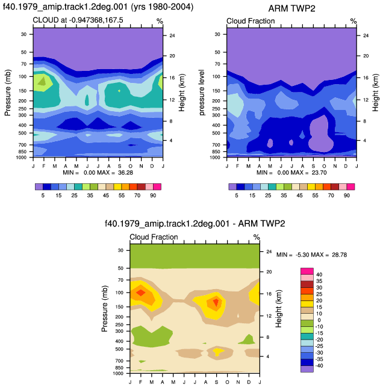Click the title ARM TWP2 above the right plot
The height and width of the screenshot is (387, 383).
click(291, 8)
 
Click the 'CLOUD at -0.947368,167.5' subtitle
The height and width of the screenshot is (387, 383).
click(78, 20)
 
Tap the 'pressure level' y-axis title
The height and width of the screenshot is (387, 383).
click(202, 93)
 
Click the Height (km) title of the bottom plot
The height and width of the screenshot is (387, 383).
click(279, 308)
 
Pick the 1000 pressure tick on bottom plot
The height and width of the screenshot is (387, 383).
click(118, 373)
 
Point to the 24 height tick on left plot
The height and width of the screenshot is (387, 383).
click(172, 35)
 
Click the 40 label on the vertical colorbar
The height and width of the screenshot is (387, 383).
click(319, 275)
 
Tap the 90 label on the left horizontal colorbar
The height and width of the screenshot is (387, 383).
click(153, 195)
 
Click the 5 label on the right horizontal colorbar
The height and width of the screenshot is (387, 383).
click(237, 195)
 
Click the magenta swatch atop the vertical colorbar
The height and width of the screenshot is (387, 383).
click(307, 271)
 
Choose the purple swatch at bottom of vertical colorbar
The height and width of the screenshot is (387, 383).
click(307, 369)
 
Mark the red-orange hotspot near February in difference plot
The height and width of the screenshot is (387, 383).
click(141, 293)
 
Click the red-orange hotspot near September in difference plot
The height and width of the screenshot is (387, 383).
click(216, 302)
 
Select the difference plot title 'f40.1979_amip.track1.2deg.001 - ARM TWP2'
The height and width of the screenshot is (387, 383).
click(195, 224)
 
